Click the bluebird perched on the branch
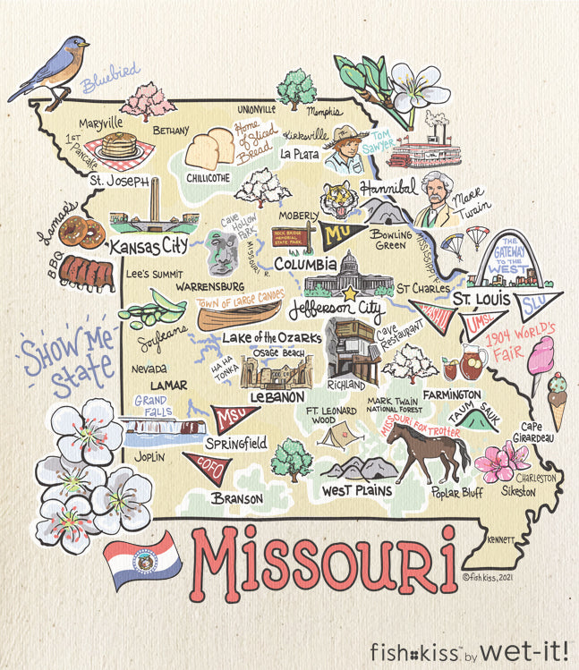pos(55,67)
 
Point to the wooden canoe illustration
pos(239,314)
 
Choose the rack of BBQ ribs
pos(86,273)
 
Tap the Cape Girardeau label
pos(537,431)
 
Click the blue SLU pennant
pos(540,303)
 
